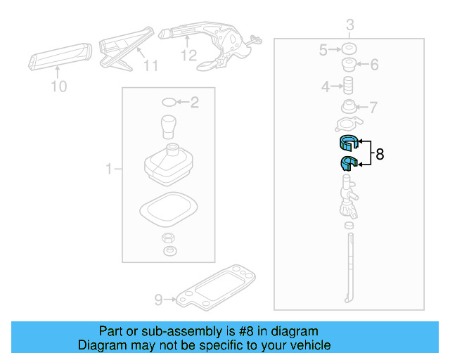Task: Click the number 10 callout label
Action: pyautogui.click(x=59, y=86)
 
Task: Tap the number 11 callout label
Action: pyautogui.click(x=150, y=67)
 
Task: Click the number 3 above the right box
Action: pyautogui.click(x=349, y=27)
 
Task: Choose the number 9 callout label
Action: pyautogui.click(x=159, y=300)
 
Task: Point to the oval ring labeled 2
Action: pyautogui.click(x=169, y=103)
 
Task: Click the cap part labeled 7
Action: pyautogui.click(x=347, y=108)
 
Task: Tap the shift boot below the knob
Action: pyautogui.click(x=169, y=165)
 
